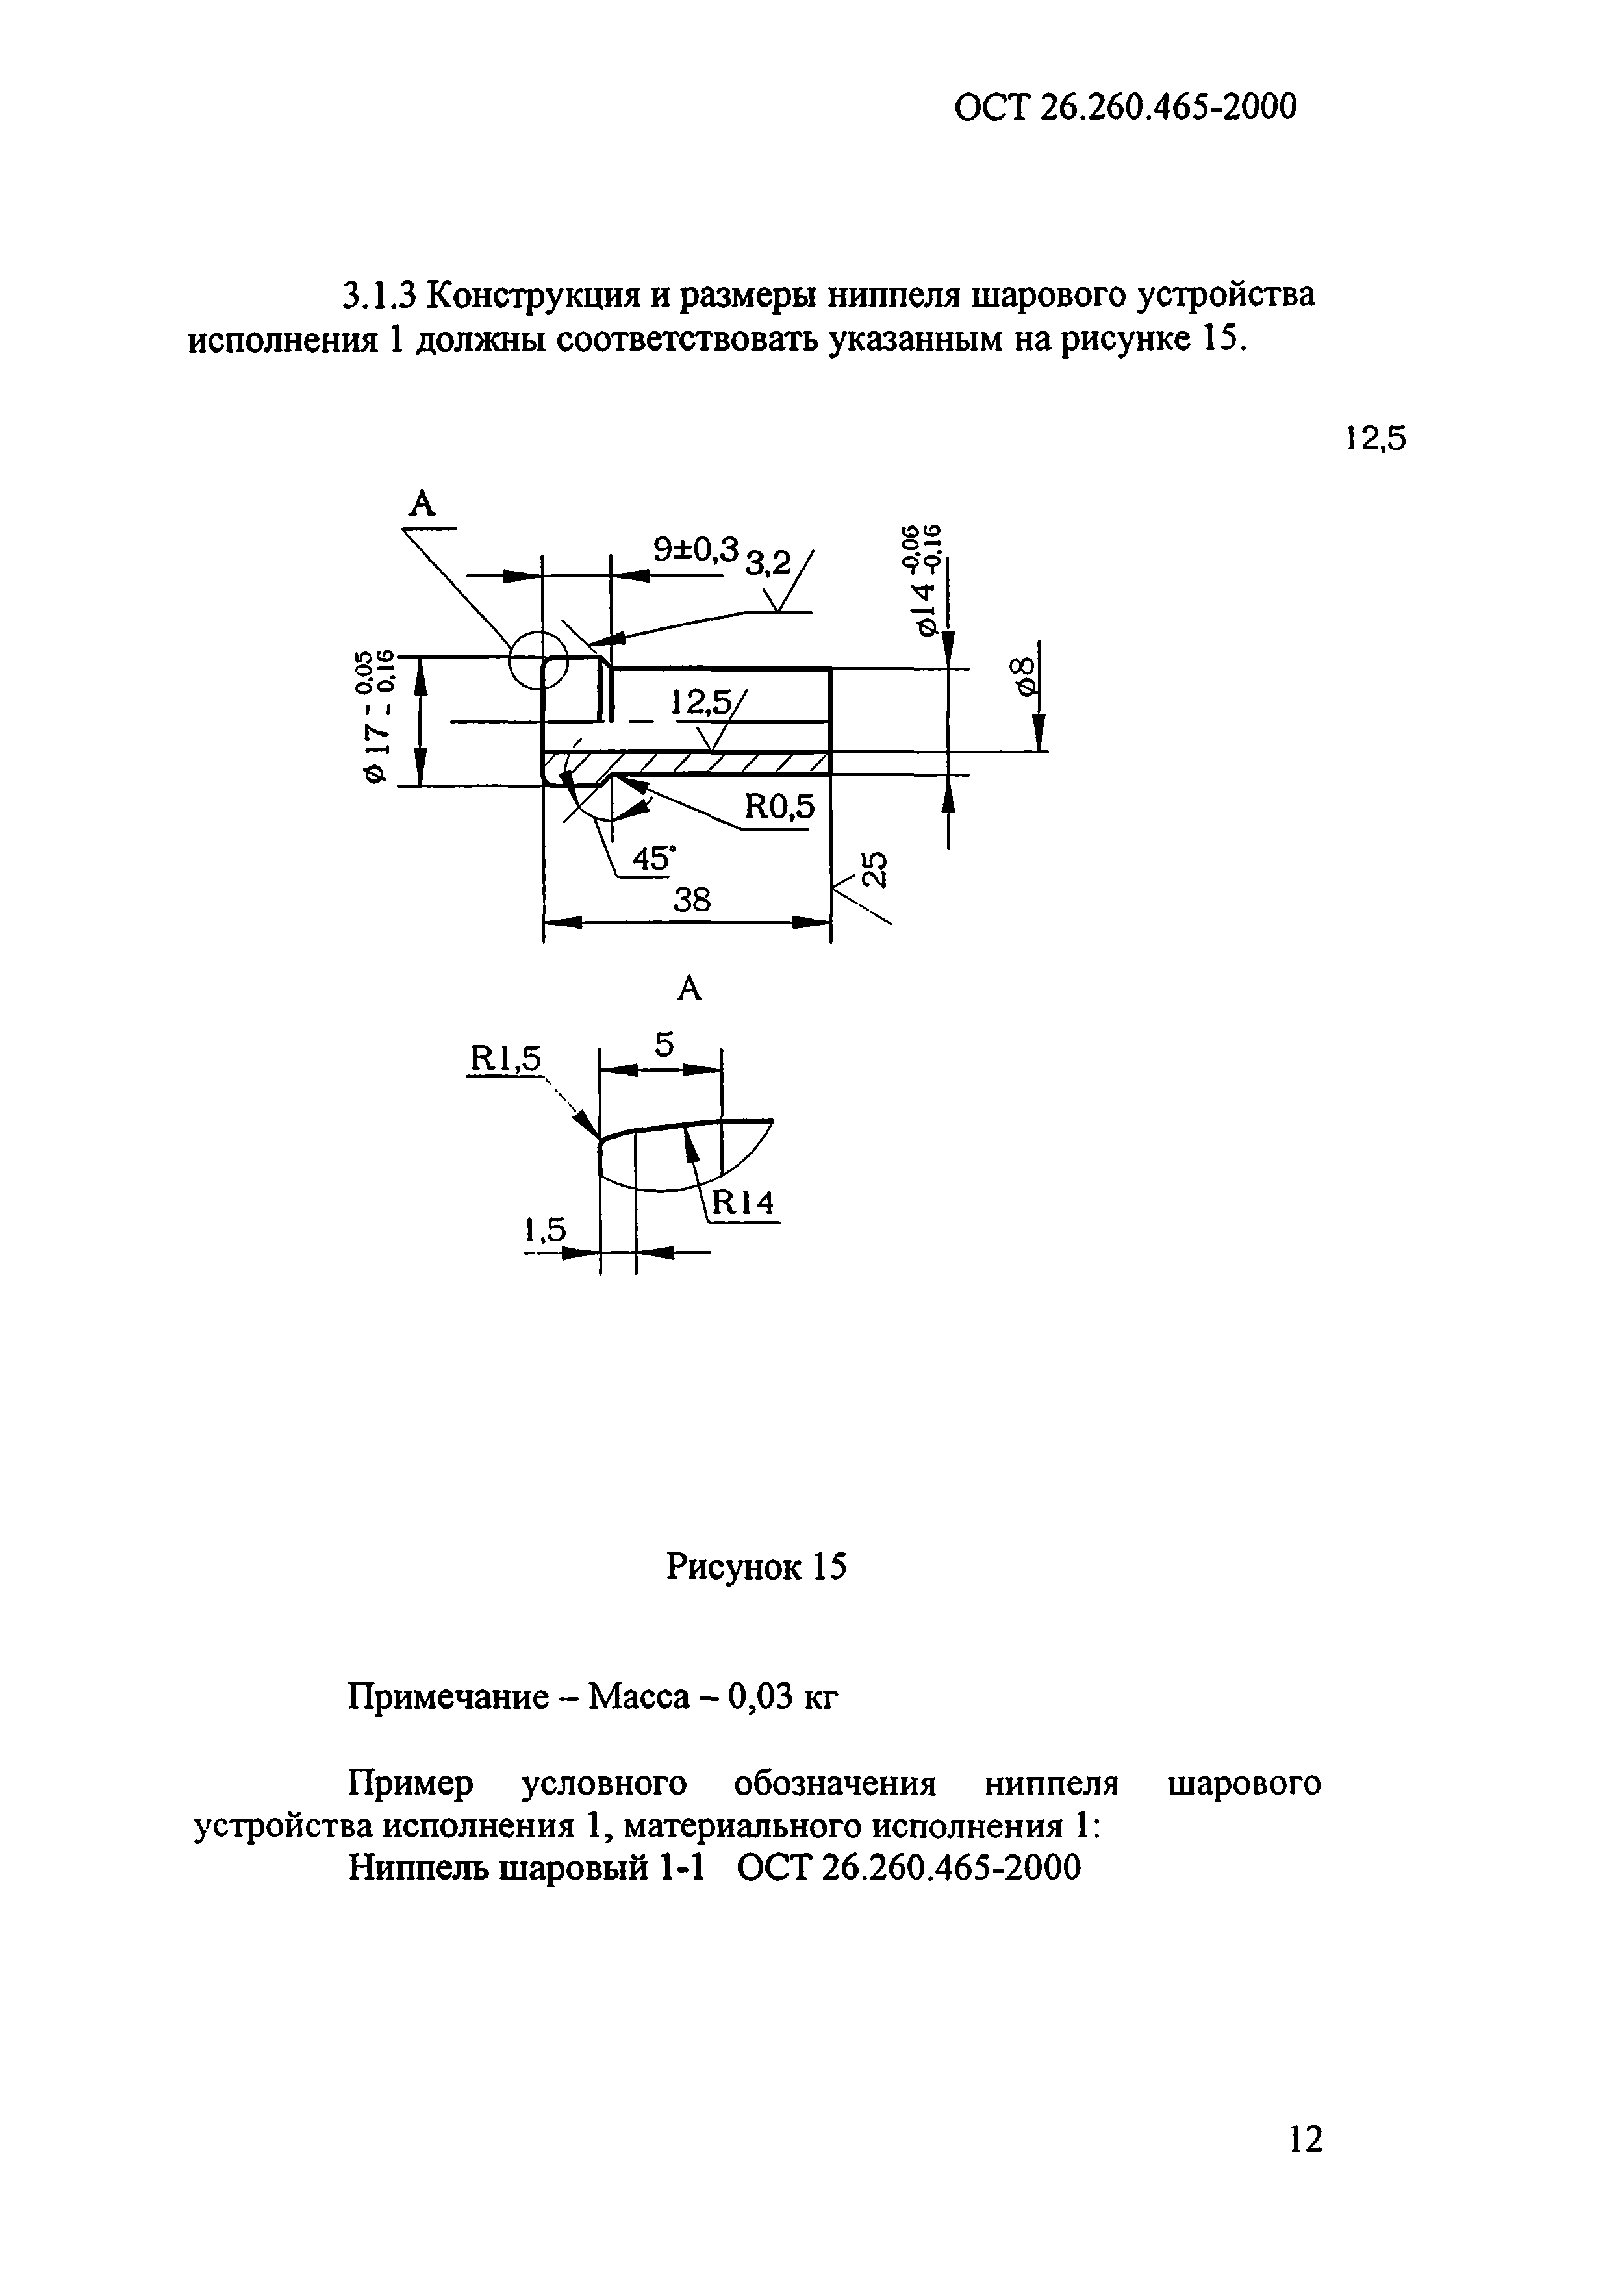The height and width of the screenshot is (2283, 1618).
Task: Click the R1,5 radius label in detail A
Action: coord(504,1060)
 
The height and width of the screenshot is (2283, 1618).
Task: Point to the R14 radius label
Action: coord(742,1204)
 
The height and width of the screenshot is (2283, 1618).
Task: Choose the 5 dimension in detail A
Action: coord(664,1045)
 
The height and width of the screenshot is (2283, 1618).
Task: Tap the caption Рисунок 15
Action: coord(756,1567)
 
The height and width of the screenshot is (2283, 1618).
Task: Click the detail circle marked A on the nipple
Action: coord(537,659)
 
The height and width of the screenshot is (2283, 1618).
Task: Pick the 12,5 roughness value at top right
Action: coord(1375,438)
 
